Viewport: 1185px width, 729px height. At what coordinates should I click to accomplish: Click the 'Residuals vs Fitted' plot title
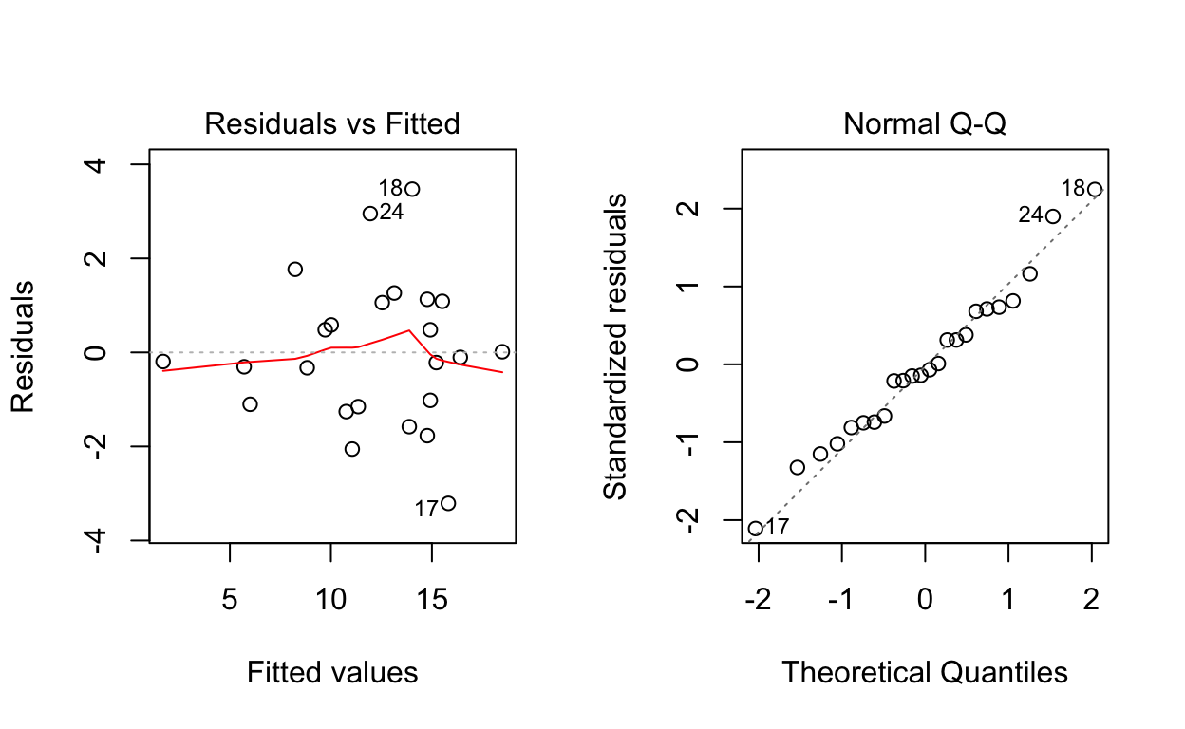[x=332, y=123]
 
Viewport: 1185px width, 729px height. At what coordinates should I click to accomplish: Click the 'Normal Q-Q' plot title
[x=925, y=123]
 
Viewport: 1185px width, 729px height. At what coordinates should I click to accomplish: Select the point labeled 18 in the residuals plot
[x=412, y=189]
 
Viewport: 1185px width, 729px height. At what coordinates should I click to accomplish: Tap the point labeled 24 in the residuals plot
[x=370, y=214]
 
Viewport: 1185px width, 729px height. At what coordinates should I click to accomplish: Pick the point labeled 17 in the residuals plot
[x=448, y=503]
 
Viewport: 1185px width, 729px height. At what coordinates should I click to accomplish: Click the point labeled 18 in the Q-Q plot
[x=1095, y=189]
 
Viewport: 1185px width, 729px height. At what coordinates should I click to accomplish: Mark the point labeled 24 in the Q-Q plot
[x=1053, y=216]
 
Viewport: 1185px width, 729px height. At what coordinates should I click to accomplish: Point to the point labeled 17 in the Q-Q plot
[x=756, y=529]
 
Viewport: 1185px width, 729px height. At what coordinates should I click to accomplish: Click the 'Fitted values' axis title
[x=332, y=673]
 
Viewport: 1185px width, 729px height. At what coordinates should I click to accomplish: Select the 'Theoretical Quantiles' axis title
[x=925, y=673]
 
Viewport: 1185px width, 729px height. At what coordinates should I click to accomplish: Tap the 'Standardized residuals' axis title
[x=616, y=346]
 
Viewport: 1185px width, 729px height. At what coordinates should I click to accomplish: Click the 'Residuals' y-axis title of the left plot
[x=23, y=346]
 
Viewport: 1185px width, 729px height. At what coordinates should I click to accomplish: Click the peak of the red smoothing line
[x=408, y=330]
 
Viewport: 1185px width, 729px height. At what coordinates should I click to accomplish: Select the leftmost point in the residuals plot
[x=163, y=362]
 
